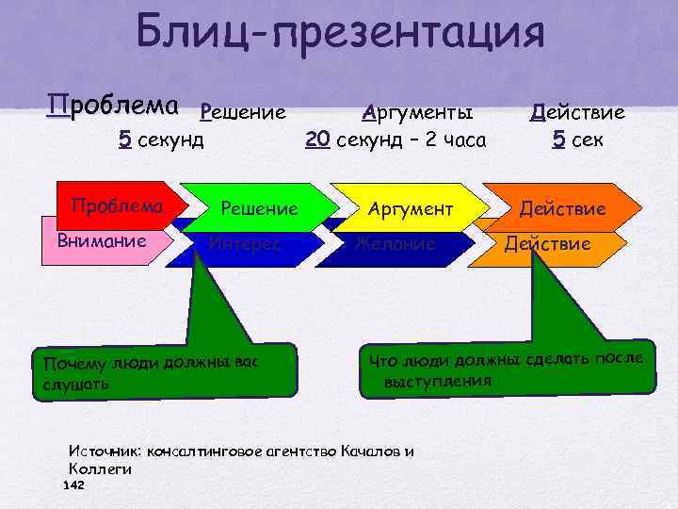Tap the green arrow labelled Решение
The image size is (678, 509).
[259, 207]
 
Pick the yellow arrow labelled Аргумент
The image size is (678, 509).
[410, 207]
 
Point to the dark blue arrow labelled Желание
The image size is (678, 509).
[395, 244]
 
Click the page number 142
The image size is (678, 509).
[73, 484]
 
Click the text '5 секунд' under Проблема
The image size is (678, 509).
[161, 141]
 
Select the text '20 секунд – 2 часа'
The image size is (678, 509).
[395, 141]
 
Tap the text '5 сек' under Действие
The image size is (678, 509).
[578, 141]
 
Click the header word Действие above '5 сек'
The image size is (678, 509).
[578, 113]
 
